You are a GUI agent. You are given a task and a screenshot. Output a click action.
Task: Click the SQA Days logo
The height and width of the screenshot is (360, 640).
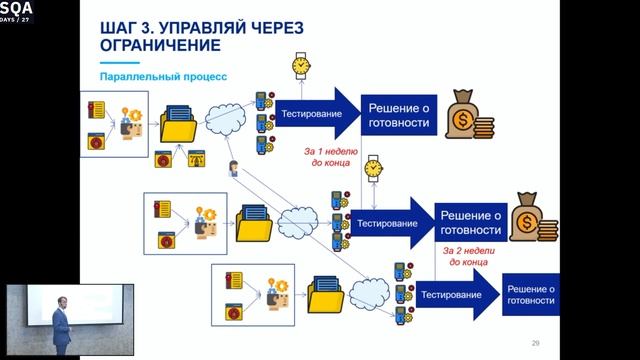click(x=16, y=11)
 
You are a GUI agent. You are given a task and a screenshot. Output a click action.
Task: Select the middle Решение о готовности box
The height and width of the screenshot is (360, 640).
click(x=470, y=224)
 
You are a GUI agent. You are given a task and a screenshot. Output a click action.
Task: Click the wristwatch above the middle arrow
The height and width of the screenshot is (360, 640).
click(x=374, y=167)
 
